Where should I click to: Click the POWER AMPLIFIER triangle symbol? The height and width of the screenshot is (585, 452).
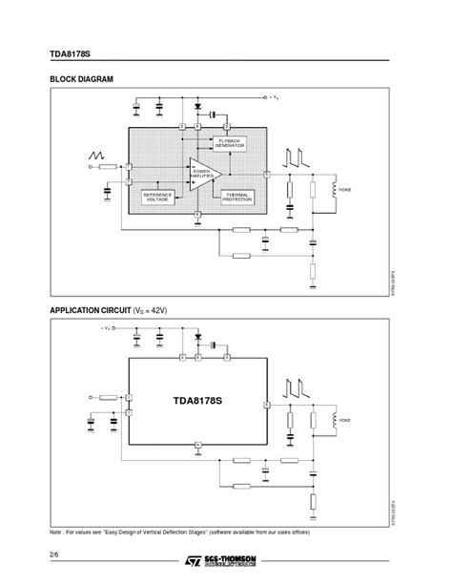click(x=203, y=173)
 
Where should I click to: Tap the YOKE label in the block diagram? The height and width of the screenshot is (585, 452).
click(x=344, y=190)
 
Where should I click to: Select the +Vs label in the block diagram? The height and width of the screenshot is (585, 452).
click(x=272, y=97)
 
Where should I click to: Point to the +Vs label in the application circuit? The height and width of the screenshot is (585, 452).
click(x=106, y=328)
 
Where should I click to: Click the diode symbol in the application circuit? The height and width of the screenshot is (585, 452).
click(x=198, y=336)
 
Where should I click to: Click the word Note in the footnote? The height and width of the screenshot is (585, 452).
click(x=56, y=532)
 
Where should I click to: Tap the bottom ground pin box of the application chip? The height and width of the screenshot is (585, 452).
click(x=197, y=446)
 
